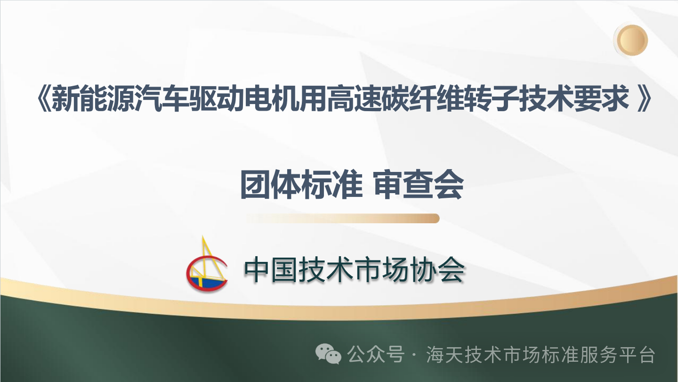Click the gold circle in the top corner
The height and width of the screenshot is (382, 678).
click(x=632, y=40)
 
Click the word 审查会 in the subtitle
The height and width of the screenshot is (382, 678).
click(x=419, y=184)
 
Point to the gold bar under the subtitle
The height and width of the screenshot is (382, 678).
click(x=343, y=218)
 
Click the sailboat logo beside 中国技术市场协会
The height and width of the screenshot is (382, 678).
click(x=207, y=264)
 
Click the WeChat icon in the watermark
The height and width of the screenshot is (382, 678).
click(x=329, y=354)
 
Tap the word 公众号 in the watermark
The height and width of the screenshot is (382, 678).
click(x=376, y=354)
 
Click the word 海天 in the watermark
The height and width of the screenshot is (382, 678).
click(x=445, y=354)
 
